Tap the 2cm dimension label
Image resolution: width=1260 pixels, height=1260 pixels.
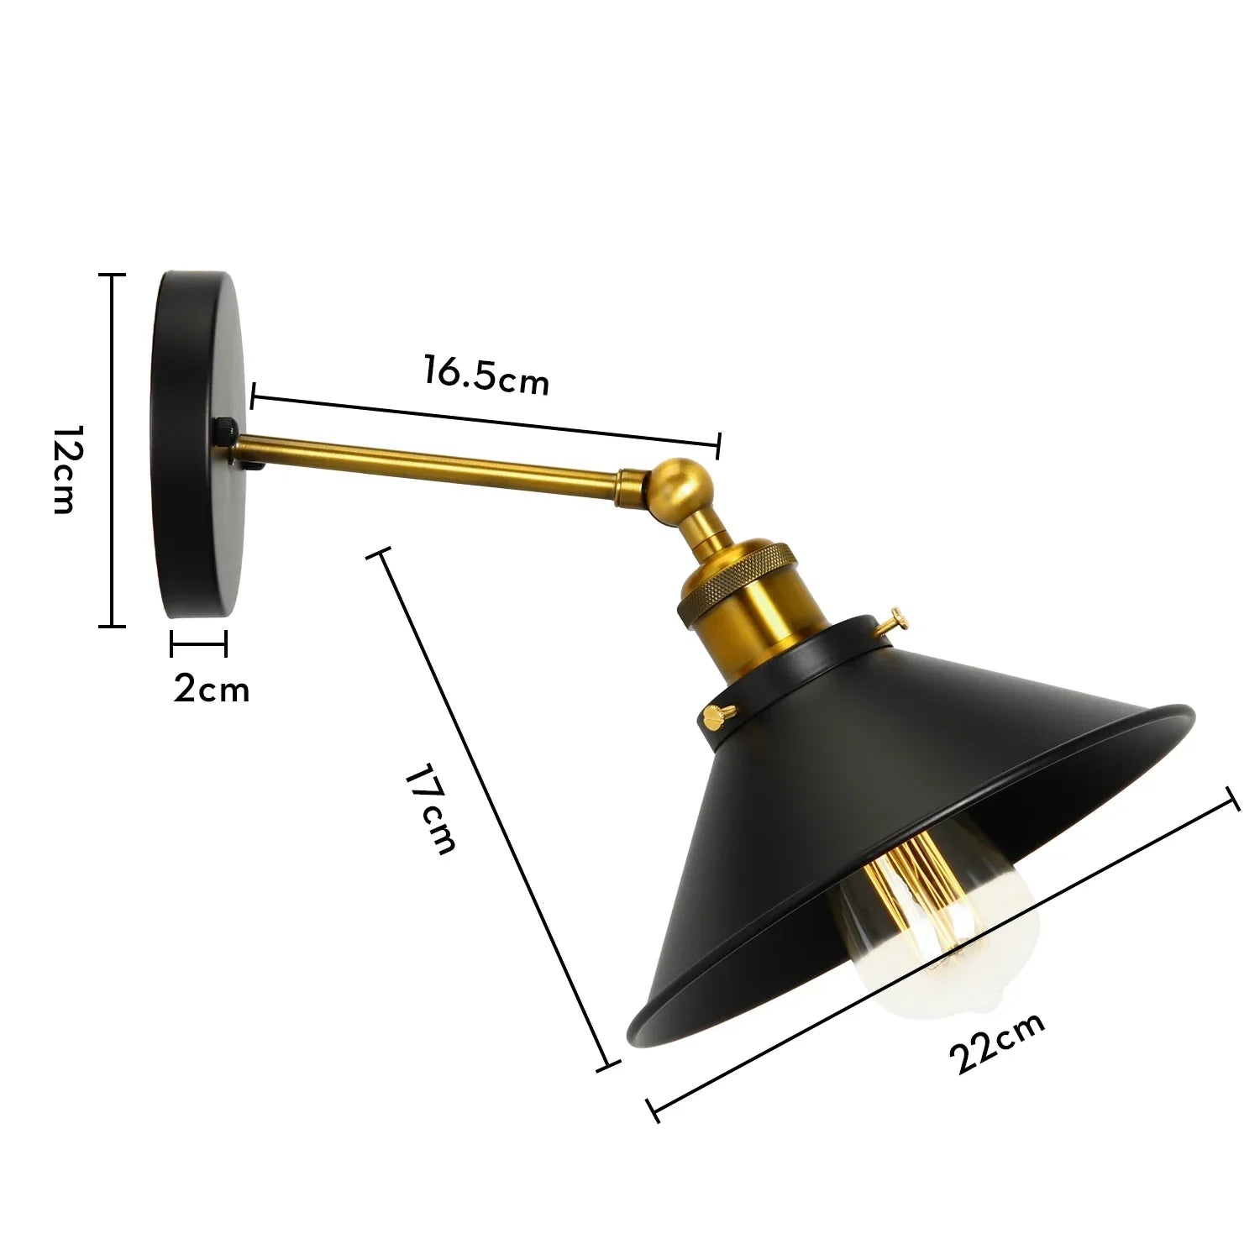click(212, 689)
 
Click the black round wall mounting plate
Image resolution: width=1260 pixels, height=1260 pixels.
click(198, 445)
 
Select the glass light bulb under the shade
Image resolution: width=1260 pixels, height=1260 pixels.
click(941, 941)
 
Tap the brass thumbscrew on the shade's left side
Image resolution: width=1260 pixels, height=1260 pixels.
click(717, 715)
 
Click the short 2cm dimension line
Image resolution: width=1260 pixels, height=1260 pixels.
click(198, 645)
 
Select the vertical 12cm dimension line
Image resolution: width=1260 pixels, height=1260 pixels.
click(112, 450)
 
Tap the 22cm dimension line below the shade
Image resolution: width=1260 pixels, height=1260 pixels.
click(945, 952)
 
